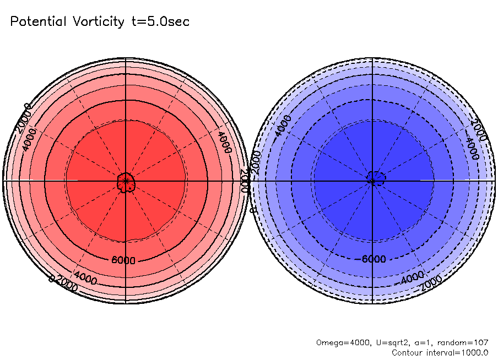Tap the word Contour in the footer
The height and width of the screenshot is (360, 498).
(x=408, y=352)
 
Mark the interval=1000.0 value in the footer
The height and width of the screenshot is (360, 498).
(x=459, y=352)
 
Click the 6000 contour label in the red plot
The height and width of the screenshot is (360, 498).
(x=123, y=260)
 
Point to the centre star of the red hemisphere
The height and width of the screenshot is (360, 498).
(x=126, y=181)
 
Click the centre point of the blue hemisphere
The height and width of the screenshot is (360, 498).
(x=373, y=181)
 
